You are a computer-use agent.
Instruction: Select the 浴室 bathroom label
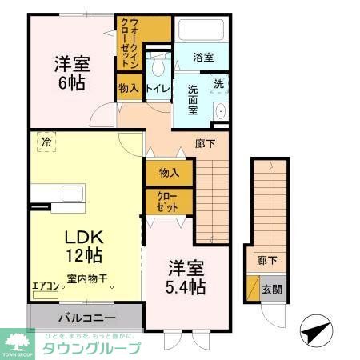click(203, 58)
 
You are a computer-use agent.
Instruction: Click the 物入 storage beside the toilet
click(127, 88)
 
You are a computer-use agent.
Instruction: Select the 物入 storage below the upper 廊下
click(169, 172)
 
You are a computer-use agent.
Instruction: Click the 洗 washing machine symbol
click(217, 84)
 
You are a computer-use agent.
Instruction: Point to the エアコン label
click(45, 283)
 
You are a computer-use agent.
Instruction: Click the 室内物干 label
click(90, 280)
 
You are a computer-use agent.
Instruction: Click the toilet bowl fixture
click(158, 62)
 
